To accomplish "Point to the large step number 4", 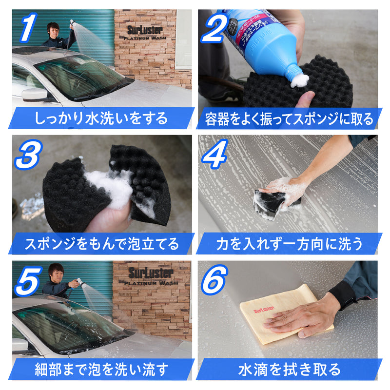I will tap(219, 155).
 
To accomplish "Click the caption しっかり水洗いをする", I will tap(101, 118).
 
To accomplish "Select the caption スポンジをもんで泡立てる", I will tap(101, 244).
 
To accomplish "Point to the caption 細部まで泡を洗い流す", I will tap(101, 370).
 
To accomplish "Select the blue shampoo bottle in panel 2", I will tap(263, 39).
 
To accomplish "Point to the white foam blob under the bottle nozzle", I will tap(299, 80).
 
